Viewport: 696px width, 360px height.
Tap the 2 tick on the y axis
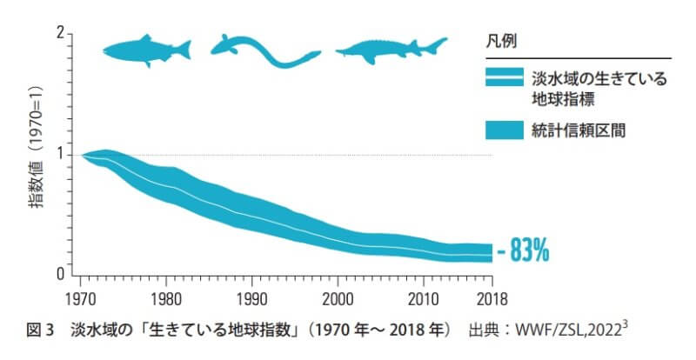point(61,33)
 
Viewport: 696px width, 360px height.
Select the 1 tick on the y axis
point(61,154)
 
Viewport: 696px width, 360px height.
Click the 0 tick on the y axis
point(61,274)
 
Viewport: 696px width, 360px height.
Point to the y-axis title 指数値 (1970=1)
point(37,155)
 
